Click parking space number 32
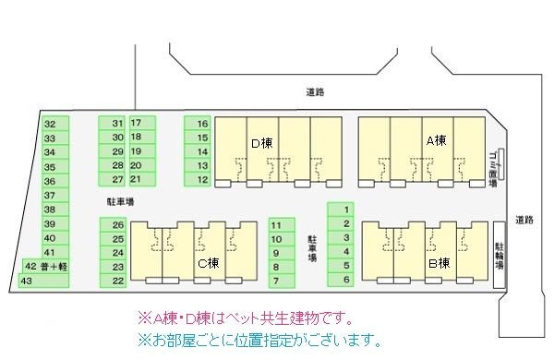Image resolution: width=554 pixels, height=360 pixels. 50,123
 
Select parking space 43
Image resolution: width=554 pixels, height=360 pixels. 28,280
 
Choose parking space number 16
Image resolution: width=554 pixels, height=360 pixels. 202,123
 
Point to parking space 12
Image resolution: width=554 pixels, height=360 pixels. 202,179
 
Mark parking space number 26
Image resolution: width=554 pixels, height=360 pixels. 118,224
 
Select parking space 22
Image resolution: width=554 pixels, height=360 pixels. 118,280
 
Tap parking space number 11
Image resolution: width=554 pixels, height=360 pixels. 275,224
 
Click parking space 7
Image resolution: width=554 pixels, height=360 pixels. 275,280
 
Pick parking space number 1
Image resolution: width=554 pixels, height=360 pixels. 346,210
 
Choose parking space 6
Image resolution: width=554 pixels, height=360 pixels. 346,279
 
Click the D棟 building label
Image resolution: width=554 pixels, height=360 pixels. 261,143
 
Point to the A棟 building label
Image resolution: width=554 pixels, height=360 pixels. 435,140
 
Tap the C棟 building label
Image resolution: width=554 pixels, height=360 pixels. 210,262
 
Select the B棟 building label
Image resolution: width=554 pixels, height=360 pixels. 438,263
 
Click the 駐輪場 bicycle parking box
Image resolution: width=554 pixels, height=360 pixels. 499,255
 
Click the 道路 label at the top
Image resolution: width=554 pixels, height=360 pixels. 316,92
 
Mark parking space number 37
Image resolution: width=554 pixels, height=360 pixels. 50,195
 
